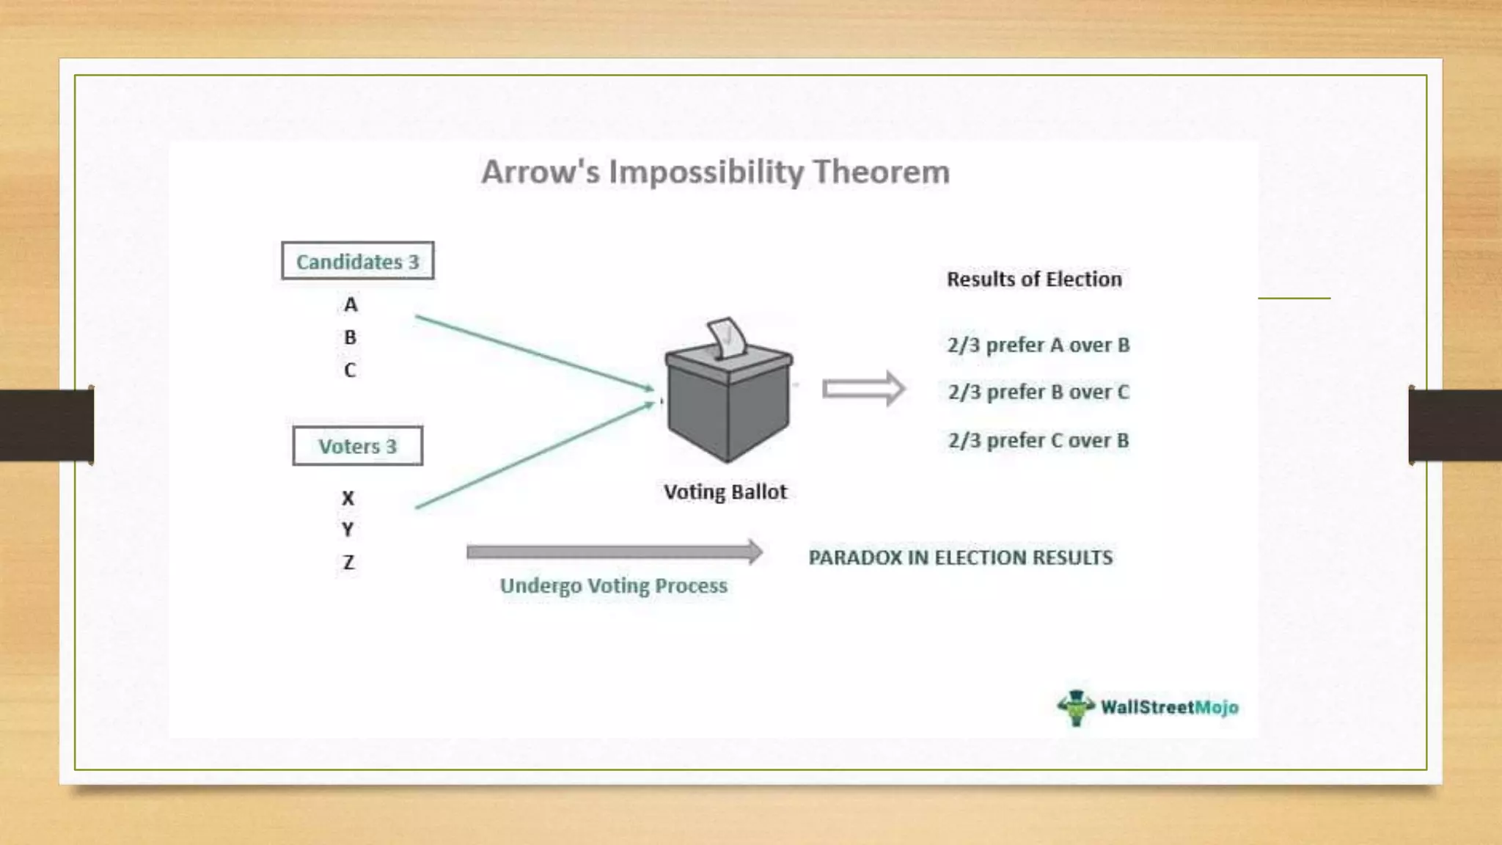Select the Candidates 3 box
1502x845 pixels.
pos(357,261)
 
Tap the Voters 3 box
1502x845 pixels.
pos(357,446)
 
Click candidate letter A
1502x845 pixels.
pos(351,304)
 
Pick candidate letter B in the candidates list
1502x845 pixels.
pos(350,337)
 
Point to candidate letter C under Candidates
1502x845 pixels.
pos(350,370)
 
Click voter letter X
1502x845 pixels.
pos(348,499)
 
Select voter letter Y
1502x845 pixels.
pos(348,530)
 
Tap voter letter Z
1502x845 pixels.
pos(348,563)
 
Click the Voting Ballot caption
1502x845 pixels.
pos(725,491)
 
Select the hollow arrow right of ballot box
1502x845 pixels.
pos(863,388)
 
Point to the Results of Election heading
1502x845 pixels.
pos(1034,279)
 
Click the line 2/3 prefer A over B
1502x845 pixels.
pos(1038,345)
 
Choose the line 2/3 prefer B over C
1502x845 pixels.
pos(1038,392)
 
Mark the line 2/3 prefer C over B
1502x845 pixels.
pos(1038,440)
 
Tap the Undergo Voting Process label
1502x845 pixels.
pos(614,586)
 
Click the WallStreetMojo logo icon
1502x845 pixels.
pos(1076,707)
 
